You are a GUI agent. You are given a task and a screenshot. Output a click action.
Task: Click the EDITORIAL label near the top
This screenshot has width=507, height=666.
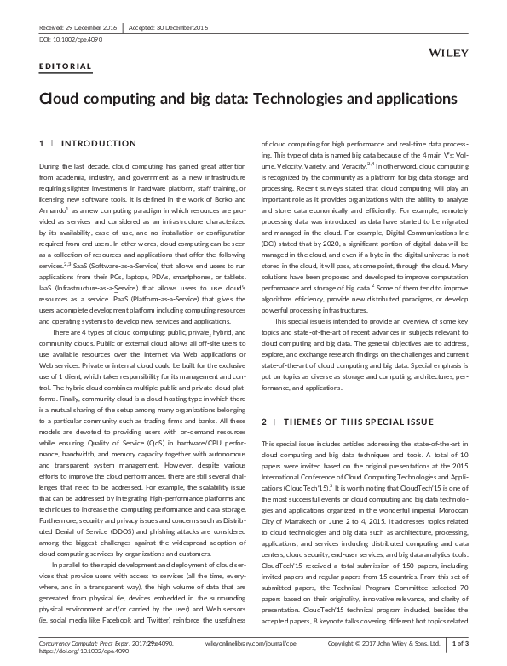[66, 66]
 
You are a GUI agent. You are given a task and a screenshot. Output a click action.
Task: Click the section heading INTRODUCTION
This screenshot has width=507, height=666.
[99, 143]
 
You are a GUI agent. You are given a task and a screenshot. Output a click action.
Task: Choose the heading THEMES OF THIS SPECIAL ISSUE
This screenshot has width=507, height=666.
[343, 422]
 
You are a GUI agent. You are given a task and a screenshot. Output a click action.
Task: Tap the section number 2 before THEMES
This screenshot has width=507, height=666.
[264, 422]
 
